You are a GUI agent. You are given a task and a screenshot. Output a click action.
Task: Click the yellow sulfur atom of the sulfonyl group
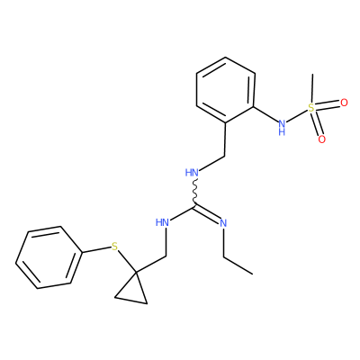click(311, 108)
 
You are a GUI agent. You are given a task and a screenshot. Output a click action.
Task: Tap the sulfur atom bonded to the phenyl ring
click(114, 247)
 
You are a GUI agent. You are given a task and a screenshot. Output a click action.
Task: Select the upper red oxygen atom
click(344, 103)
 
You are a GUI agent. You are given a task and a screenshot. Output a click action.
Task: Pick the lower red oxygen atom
click(321, 139)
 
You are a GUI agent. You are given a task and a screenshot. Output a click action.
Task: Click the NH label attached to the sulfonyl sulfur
click(282, 127)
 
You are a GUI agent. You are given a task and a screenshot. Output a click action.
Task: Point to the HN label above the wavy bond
click(192, 173)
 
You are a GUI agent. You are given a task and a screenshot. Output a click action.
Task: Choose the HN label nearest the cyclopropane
click(162, 222)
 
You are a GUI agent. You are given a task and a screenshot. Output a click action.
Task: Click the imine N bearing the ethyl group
click(223, 223)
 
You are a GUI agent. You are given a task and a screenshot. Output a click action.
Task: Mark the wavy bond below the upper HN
click(195, 192)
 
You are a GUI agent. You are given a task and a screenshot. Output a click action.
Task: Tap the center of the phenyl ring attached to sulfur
click(49, 257)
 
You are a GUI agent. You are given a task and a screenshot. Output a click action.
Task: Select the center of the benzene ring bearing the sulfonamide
click(226, 90)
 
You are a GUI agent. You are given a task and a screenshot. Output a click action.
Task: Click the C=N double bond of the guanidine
click(208, 212)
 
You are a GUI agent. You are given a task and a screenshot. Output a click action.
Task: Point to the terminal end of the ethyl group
click(252, 274)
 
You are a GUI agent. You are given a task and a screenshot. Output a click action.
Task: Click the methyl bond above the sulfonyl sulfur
click(312, 88)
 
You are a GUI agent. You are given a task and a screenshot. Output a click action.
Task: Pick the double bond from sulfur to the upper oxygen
click(328, 105)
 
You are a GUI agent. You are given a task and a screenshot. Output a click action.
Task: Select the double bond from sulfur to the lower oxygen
click(317, 123)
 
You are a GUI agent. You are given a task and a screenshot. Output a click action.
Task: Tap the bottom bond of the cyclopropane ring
click(130, 301)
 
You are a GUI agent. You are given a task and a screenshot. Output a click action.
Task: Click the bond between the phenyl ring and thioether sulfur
click(96, 250)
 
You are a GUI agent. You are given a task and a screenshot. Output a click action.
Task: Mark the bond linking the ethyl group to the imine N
click(223, 242)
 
